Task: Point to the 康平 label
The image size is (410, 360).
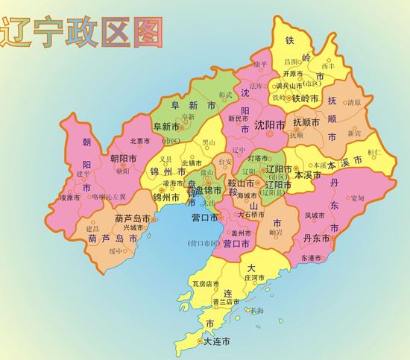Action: tap(259, 64)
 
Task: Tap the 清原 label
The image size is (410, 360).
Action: tap(354, 102)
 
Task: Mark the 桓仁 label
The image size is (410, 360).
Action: tap(375, 152)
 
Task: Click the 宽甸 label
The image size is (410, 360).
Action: tap(357, 198)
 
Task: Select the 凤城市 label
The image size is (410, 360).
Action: tap(315, 215)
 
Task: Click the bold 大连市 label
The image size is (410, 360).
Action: tap(217, 342)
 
